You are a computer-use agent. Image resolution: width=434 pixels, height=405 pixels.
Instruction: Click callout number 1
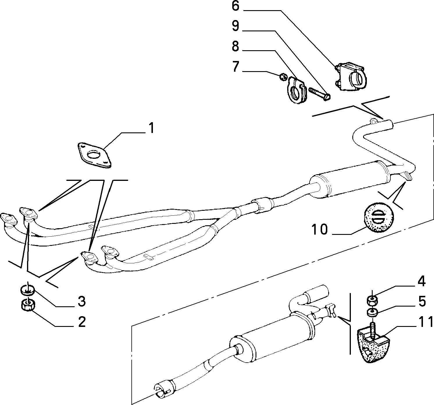tap(151, 128)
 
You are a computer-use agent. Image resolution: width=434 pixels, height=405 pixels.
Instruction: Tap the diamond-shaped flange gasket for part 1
tap(94, 155)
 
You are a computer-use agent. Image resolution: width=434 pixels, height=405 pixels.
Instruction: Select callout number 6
tap(235, 6)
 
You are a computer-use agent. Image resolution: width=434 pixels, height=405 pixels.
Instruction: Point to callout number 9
tap(235, 26)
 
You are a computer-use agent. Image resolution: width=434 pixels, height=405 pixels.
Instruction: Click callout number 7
tap(235, 66)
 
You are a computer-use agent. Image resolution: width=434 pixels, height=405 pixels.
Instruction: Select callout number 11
tap(425, 322)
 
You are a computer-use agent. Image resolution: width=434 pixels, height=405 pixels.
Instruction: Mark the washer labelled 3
tap(28, 290)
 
